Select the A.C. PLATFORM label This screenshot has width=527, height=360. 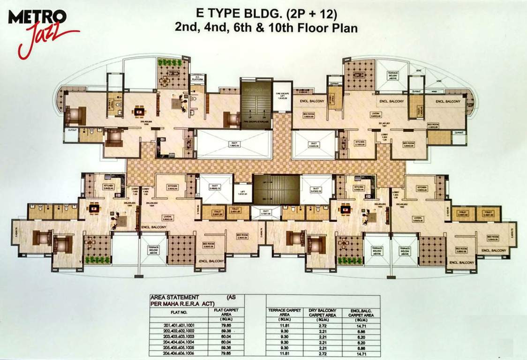(197, 78)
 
